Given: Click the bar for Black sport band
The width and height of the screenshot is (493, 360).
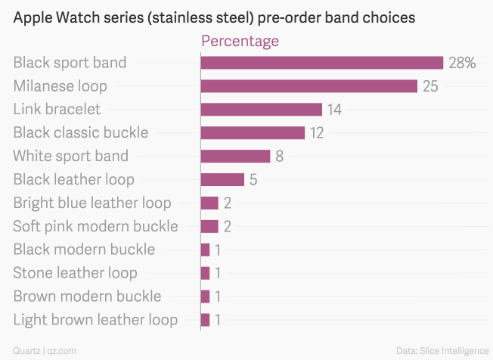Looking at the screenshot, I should pyautogui.click(x=321, y=63).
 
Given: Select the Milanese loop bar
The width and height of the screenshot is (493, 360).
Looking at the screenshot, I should pyautogui.click(x=309, y=86).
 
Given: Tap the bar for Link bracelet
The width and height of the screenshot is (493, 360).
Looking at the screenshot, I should pyautogui.click(x=261, y=110).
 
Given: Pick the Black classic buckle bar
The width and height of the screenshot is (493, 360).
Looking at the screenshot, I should pyautogui.click(x=253, y=133).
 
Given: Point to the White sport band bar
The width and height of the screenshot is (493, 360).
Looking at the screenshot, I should pyautogui.click(x=235, y=157).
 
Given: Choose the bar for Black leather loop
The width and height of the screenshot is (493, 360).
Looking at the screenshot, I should pyautogui.click(x=222, y=180).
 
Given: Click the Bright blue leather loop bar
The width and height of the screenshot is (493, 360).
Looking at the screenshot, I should pyautogui.click(x=209, y=203).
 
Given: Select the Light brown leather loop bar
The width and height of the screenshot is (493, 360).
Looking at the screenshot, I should pyautogui.click(x=205, y=320).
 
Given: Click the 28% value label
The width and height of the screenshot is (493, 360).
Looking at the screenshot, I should pyautogui.click(x=462, y=63).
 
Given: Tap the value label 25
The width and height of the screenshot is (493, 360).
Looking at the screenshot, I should pyautogui.click(x=430, y=86).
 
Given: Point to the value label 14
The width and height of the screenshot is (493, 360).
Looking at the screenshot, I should pyautogui.click(x=334, y=110).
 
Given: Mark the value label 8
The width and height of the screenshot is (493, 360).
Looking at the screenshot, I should pyautogui.click(x=279, y=157).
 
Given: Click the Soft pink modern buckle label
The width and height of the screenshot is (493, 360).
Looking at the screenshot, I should pyautogui.click(x=95, y=226).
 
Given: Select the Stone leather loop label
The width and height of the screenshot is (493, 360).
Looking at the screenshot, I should pyautogui.click(x=75, y=273).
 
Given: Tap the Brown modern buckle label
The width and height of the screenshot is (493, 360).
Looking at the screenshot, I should pyautogui.click(x=87, y=296).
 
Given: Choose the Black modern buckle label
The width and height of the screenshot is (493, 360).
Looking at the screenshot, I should pyautogui.click(x=84, y=250).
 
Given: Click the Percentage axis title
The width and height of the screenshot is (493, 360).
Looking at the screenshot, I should pyautogui.click(x=240, y=41).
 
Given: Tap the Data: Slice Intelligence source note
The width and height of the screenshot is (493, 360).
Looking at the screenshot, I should pyautogui.click(x=442, y=350).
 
